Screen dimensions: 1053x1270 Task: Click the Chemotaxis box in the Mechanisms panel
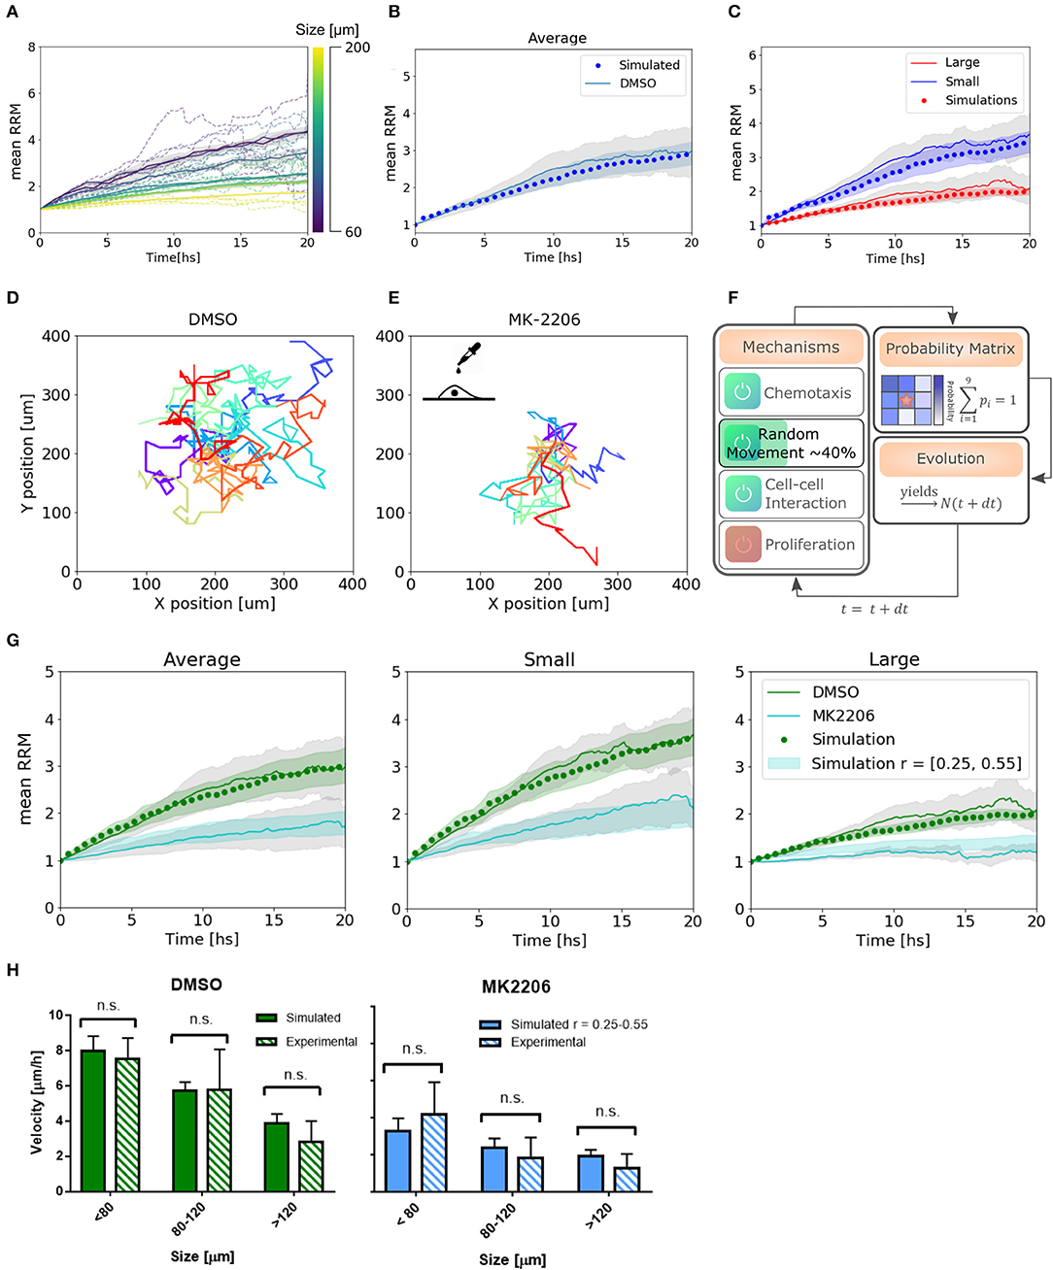point(790,391)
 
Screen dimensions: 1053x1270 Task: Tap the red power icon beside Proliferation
point(742,544)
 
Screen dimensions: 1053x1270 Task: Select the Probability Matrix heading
point(949,349)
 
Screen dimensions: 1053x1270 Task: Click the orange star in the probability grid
point(905,400)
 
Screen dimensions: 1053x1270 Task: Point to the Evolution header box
point(950,458)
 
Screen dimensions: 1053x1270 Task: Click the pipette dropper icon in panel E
point(468,357)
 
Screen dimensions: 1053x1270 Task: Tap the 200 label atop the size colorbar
point(357,48)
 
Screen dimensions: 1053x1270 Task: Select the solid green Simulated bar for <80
point(92,1120)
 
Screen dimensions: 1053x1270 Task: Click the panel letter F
point(732,297)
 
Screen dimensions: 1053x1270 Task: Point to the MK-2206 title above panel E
point(544,319)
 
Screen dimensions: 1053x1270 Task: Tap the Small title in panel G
point(549,659)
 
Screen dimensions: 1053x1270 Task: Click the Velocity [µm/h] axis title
point(37,1101)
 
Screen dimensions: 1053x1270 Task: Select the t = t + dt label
point(874,609)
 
